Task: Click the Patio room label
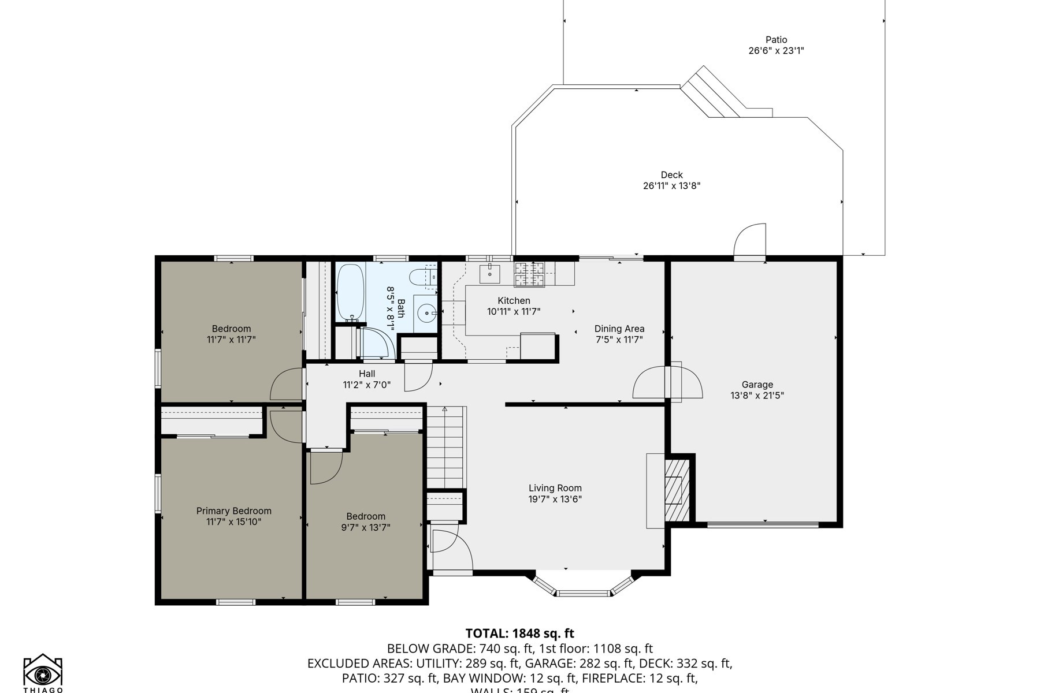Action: tap(776, 40)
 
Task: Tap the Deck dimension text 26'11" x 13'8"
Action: tap(671, 186)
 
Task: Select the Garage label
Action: tap(757, 385)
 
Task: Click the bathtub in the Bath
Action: tap(350, 292)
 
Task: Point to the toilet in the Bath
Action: tap(420, 278)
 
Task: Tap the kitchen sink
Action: tap(490, 273)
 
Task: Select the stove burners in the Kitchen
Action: tap(530, 274)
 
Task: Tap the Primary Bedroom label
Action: tap(233, 511)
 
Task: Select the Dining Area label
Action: tap(619, 329)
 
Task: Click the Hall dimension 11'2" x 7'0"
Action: tap(367, 385)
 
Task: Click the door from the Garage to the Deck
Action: tap(750, 243)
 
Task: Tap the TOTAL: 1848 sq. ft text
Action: tap(519, 634)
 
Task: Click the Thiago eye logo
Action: tap(43, 673)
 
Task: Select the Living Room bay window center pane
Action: tap(584, 593)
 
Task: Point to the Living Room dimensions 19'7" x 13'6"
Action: tap(555, 500)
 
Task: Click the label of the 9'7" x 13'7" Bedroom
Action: tap(366, 517)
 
